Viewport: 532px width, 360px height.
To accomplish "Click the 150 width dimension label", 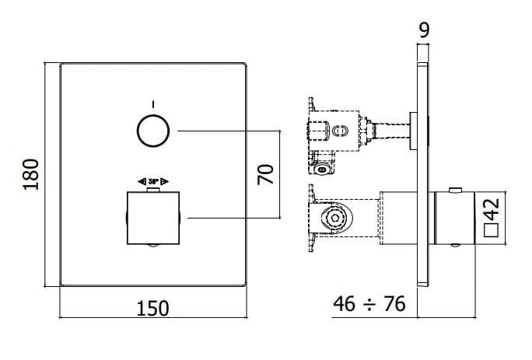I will click(x=152, y=308).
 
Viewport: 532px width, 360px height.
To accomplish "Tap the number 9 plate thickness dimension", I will click(x=423, y=30).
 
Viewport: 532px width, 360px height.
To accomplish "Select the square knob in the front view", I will click(x=154, y=217).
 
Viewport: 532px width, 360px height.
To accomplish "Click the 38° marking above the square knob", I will click(x=153, y=180).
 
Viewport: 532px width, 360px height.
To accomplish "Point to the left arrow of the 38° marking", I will click(x=141, y=180).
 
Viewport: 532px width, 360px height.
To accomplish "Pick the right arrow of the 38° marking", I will click(x=166, y=180).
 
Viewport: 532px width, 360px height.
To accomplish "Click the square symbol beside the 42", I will click(x=491, y=231).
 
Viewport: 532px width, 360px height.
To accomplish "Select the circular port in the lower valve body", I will click(x=334, y=218).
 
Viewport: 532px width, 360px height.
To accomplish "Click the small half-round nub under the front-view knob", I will click(x=154, y=247).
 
